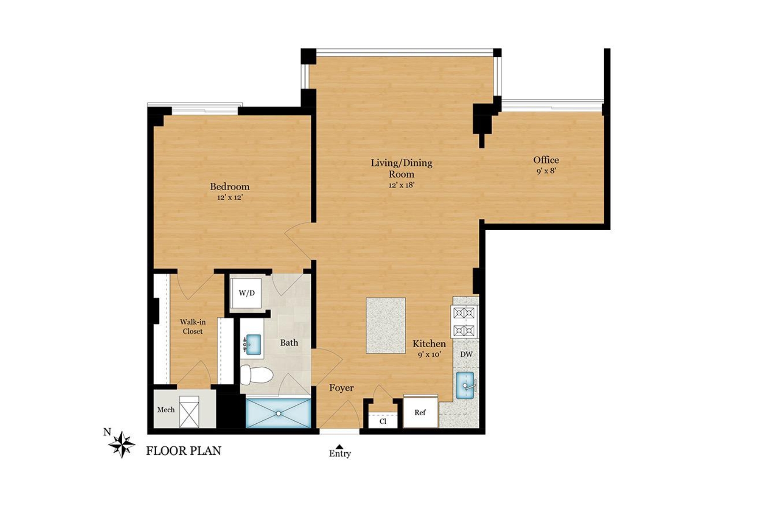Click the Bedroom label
pos(230,186)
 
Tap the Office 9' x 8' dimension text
pos(546,171)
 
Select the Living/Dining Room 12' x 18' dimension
pos(401,185)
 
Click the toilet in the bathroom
pos(256,375)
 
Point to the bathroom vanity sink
pos(253,344)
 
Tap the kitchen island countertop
pos(386,325)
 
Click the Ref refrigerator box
pos(420,413)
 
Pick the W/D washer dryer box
pos(246,293)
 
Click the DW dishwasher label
pos(466,354)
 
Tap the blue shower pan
pos(278,413)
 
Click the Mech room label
pos(165,409)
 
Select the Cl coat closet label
pos(383,421)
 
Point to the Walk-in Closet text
pos(193,327)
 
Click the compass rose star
pos(122,444)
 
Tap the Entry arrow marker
pos(339,447)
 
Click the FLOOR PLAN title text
pos(183,451)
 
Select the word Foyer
pos(341,388)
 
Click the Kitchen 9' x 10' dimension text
pos(429,354)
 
